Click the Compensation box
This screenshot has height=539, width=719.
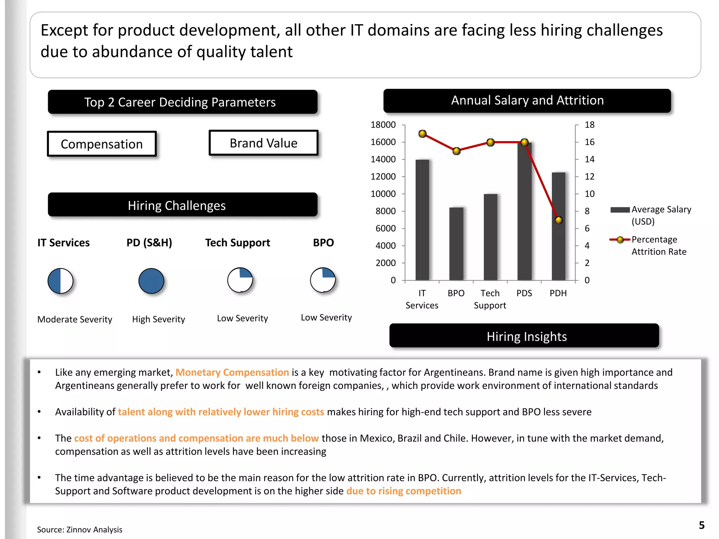(102, 144)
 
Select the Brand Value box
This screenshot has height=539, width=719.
(263, 143)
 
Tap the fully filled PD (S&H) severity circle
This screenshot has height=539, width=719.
(151, 281)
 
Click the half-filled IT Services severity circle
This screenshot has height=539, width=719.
(60, 281)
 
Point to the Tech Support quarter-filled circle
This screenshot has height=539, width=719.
(240, 280)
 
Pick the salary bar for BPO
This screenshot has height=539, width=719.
(456, 244)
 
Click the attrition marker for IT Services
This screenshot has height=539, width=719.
(422, 134)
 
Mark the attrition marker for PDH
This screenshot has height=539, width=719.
(559, 220)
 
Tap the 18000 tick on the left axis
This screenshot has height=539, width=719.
(383, 125)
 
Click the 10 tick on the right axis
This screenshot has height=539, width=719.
(589, 194)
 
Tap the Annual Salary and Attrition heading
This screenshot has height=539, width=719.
(527, 101)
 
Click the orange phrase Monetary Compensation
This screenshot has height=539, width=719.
(232, 372)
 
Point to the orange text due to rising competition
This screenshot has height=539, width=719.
(403, 491)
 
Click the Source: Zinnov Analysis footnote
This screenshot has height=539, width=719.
(80, 530)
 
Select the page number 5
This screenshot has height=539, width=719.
(701, 525)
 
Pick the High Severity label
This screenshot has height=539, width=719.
(158, 319)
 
